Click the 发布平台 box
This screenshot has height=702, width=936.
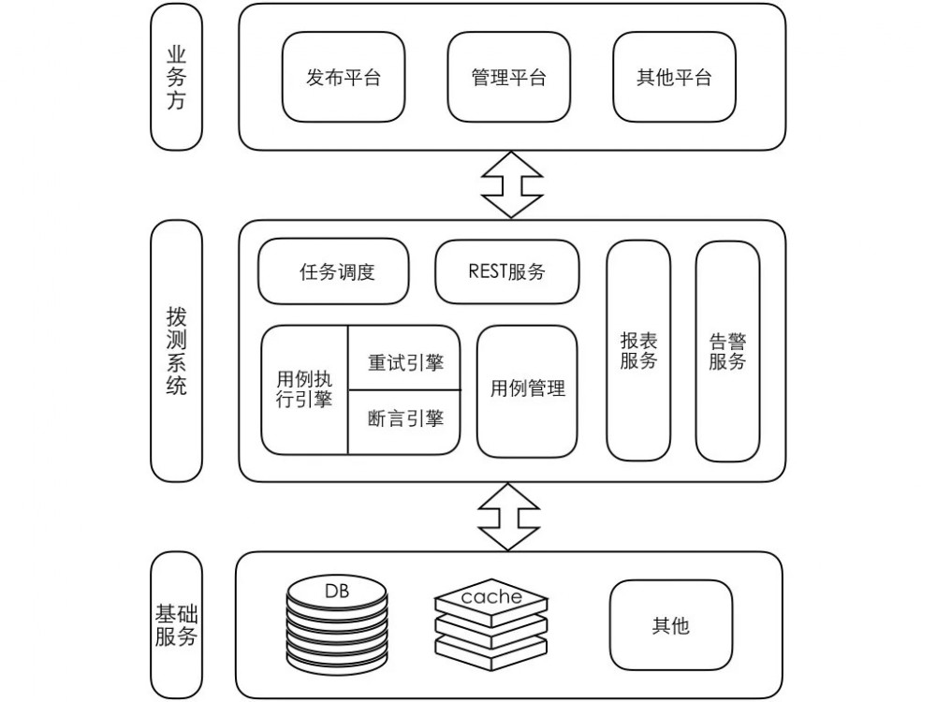(344, 77)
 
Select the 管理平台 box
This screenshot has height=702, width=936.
(508, 77)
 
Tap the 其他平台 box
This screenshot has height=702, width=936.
(674, 77)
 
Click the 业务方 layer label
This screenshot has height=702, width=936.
(176, 77)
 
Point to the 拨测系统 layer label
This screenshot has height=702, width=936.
(176, 351)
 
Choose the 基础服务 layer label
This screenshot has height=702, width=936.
(176, 625)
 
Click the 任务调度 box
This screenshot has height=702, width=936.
(333, 271)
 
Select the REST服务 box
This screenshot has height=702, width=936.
(506, 271)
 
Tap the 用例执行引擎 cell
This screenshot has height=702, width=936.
(304, 389)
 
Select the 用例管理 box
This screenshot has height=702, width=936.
(527, 390)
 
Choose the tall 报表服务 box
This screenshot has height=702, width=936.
(638, 351)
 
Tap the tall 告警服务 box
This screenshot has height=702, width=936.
(727, 351)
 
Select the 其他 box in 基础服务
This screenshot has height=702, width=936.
(671, 624)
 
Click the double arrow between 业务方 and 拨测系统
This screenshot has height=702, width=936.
(512, 184)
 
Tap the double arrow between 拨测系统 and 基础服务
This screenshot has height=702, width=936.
(508, 517)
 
